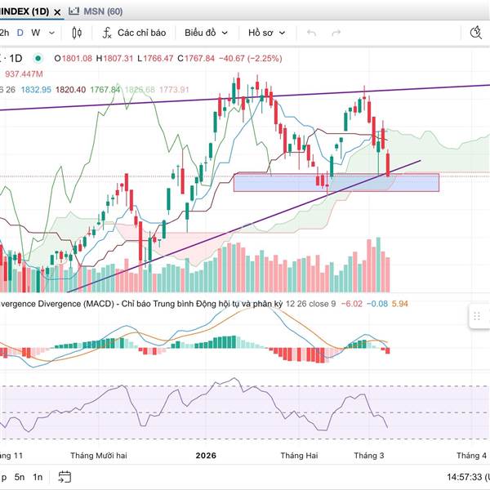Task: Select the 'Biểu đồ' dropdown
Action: point(205,33)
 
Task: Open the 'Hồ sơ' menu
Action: point(266,33)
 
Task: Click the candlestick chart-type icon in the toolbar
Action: point(78,33)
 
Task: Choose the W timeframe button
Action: point(35,33)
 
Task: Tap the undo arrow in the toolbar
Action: point(311,33)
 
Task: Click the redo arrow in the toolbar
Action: point(336,33)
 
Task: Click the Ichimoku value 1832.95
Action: point(37,89)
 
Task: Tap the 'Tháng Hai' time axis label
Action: point(298,454)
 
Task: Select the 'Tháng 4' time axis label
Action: point(471,454)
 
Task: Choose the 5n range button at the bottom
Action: point(20,476)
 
